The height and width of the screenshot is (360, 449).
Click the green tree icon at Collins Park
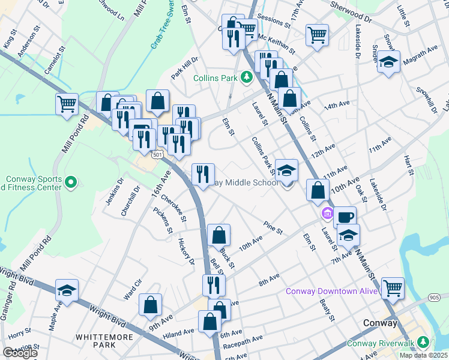[x=246, y=77]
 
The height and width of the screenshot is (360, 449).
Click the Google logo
[x=19, y=353]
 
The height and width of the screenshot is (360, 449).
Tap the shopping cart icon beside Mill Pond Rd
[x=67, y=104]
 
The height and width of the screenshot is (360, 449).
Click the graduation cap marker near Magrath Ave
[x=389, y=62]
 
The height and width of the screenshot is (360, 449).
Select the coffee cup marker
[x=345, y=217]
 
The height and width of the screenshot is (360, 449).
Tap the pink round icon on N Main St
[x=327, y=212]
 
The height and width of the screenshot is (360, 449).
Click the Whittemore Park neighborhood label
[x=104, y=341]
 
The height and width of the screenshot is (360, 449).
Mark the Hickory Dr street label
[x=186, y=252]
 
